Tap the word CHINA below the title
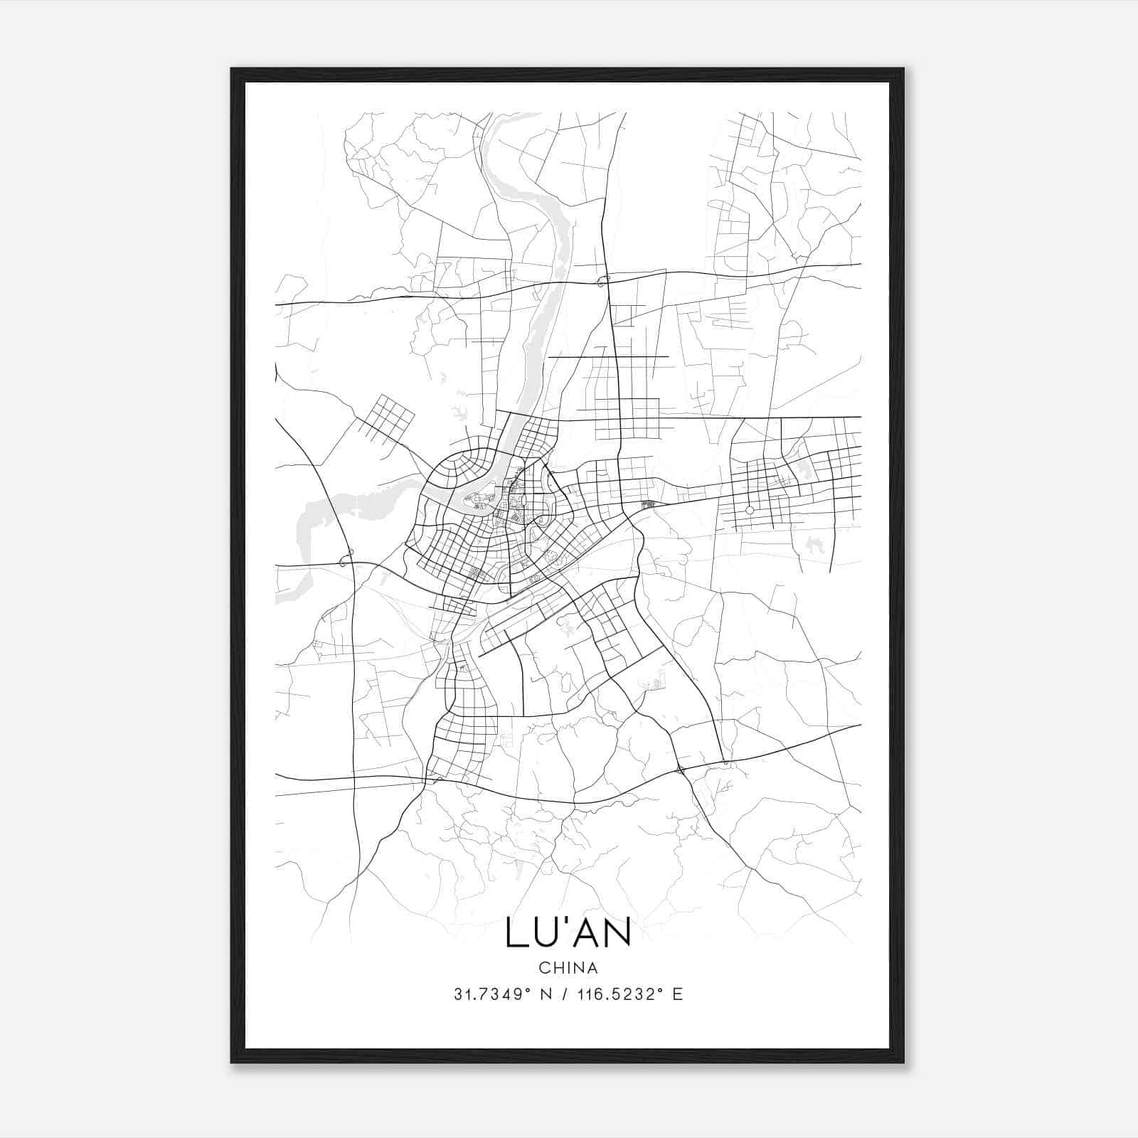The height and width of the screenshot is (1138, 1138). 568,967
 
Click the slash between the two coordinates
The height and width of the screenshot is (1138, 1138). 565,994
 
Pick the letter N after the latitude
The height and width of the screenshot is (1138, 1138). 546,994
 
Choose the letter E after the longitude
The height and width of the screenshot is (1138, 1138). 677,994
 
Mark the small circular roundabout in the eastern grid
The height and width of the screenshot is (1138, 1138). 749,510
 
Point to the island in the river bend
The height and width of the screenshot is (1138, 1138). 478,501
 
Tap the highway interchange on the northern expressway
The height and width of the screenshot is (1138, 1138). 604,280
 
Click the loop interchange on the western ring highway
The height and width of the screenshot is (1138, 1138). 347,559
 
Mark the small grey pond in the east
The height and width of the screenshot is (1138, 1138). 812,546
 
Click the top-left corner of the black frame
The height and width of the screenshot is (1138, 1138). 233,70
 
